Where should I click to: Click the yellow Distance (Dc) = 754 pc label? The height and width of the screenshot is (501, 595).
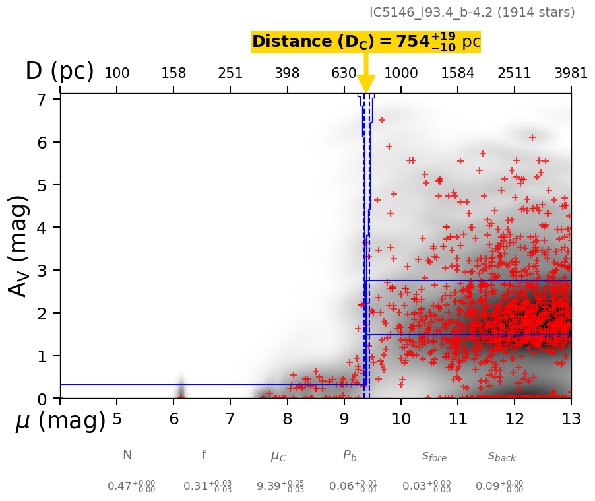[366, 42]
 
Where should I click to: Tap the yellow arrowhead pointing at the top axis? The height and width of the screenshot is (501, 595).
[366, 84]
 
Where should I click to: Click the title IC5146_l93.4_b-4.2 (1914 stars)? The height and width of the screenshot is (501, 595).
[472, 12]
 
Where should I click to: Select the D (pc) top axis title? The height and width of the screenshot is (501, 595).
[59, 71]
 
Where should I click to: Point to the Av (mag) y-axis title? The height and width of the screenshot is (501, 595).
[19, 246]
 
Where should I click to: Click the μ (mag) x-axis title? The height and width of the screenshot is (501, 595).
[60, 420]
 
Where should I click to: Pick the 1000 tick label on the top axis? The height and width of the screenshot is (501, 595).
[400, 73]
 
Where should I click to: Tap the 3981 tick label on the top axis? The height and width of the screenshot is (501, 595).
[571, 73]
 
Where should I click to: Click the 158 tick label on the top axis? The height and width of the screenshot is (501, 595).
[173, 73]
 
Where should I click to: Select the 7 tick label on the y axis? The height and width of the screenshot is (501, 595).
[41, 100]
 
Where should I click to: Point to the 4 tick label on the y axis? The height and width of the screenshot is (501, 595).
[41, 228]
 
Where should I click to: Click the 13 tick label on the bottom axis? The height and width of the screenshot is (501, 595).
[571, 419]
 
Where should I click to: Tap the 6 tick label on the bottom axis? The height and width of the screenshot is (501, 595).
[173, 419]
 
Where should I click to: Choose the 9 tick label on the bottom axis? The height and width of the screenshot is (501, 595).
[344, 419]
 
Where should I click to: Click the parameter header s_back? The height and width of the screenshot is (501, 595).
[501, 456]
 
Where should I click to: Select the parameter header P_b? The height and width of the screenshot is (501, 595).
[350, 456]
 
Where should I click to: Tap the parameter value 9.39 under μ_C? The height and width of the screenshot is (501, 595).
[280, 486]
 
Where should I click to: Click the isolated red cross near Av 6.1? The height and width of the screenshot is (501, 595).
[532, 137]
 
